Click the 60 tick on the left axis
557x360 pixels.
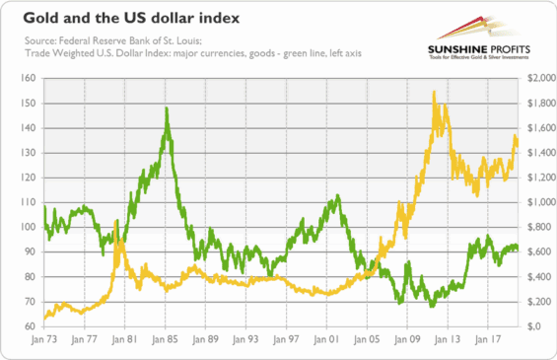30,326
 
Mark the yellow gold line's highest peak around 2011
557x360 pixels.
434,93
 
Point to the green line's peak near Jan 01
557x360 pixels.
337,197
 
